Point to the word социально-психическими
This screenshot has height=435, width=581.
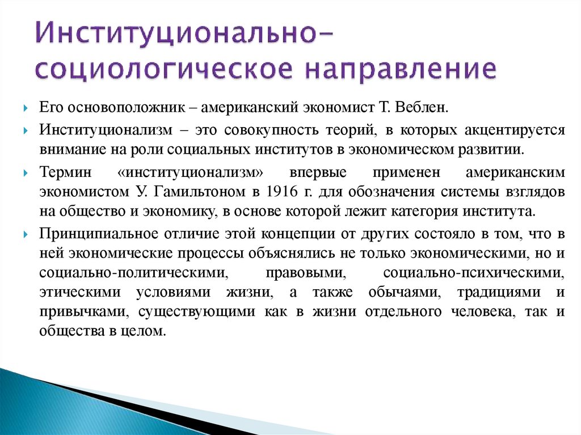474,272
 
